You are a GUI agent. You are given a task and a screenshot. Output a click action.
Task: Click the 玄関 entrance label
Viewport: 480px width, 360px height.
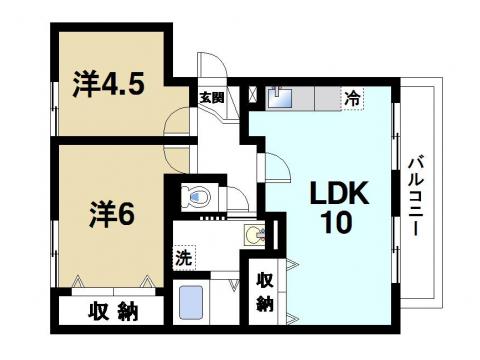(210, 97)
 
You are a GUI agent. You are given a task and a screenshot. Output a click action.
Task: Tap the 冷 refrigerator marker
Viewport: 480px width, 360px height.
(353, 98)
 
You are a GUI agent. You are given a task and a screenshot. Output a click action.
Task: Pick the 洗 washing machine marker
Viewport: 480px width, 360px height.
(183, 257)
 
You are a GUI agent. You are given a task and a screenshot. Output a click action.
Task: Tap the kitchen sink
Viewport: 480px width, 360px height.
(277, 97)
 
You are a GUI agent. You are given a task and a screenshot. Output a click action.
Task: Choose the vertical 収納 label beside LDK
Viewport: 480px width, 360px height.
(264, 291)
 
